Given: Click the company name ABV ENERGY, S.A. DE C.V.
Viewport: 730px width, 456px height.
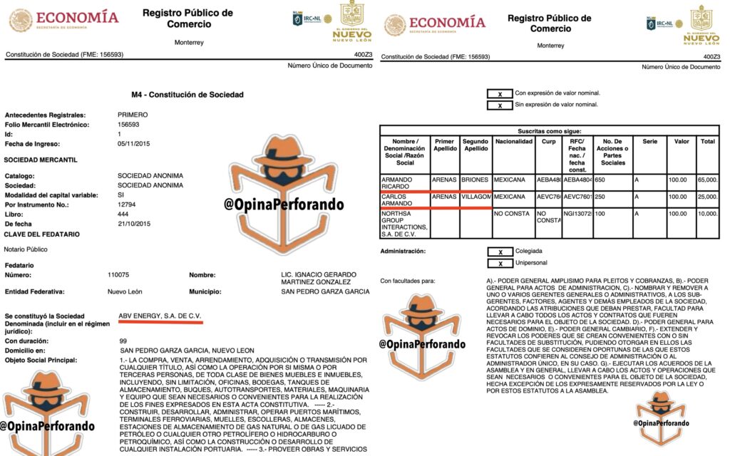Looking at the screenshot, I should click(160, 315).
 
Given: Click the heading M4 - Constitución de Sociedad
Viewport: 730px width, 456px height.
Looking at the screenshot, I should click(187, 95).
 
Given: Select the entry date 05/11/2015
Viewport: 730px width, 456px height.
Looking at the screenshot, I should click(135, 144).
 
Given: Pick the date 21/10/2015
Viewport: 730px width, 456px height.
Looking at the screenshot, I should click(135, 224).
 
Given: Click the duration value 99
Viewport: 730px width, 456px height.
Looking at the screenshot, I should click(123, 341).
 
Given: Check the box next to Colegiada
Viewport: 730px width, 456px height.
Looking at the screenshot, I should click(500, 251).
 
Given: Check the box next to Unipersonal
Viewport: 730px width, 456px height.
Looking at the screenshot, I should click(500, 263).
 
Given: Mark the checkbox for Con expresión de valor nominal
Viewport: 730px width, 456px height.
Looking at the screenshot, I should click(500, 93).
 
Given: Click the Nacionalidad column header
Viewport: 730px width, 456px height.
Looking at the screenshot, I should click(513, 141).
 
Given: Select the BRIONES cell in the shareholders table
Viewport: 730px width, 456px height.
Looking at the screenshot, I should click(475, 180).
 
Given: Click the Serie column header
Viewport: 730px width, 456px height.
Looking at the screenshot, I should click(649, 141).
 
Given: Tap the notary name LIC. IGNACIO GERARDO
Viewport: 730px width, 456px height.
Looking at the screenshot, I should click(318, 274).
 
